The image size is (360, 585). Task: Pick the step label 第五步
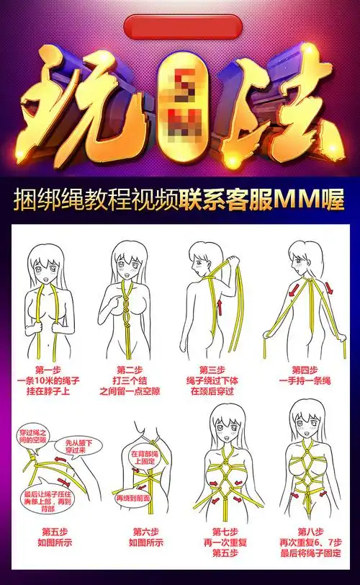(49, 532)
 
